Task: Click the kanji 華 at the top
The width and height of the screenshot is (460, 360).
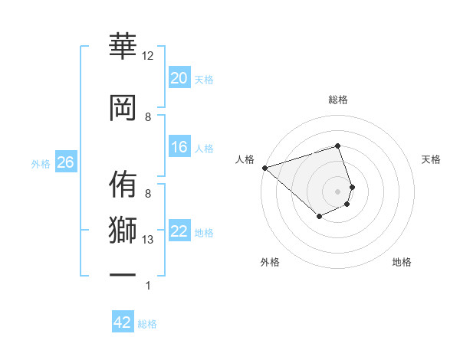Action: pyautogui.click(x=123, y=47)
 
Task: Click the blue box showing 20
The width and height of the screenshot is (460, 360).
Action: pyautogui.click(x=179, y=78)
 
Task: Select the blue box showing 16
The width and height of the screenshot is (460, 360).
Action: pyautogui.click(x=179, y=148)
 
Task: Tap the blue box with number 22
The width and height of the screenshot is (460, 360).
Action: pyautogui.click(x=179, y=232)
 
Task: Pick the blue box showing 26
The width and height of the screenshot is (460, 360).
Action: pyautogui.click(x=65, y=162)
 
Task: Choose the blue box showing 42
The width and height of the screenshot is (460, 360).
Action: pyautogui.click(x=123, y=322)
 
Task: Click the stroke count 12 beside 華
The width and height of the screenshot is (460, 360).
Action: pyautogui.click(x=148, y=56)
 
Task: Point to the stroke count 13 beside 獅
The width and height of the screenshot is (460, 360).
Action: pyautogui.click(x=148, y=240)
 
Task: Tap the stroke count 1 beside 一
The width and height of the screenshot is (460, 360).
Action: pyautogui.click(x=148, y=286)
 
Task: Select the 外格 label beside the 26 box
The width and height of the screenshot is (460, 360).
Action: pyautogui.click(x=41, y=164)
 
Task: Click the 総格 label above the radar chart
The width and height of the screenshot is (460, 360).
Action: pyautogui.click(x=338, y=100)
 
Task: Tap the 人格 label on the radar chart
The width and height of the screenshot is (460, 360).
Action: pyautogui.click(x=245, y=159)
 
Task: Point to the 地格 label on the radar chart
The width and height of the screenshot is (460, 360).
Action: pyautogui.click(x=402, y=262)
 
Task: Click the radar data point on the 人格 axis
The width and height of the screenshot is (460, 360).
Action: pyautogui.click(x=264, y=168)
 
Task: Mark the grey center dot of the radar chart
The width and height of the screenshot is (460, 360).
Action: pyautogui.click(x=338, y=191)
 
